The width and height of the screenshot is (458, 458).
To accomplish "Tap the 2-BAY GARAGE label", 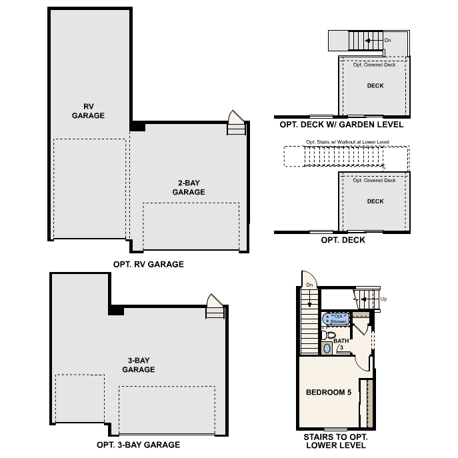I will click(x=188, y=187).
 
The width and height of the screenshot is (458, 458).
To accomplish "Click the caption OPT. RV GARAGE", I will click(x=148, y=264).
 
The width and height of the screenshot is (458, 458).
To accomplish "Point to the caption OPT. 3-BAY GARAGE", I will click(x=138, y=445).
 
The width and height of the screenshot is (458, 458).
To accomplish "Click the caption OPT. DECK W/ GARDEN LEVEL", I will click(x=342, y=124).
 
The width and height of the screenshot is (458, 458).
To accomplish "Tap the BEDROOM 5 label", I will click(x=328, y=392).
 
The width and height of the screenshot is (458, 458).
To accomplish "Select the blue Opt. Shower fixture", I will click(x=337, y=318).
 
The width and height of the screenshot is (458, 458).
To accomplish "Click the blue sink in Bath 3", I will click(x=327, y=348).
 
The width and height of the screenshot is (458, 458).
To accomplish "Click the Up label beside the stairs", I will click(x=383, y=299).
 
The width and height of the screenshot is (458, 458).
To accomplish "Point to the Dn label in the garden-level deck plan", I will click(x=388, y=40).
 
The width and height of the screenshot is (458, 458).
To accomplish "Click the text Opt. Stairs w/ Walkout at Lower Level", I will click(x=347, y=142).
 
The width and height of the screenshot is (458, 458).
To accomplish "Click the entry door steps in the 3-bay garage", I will click(x=214, y=308).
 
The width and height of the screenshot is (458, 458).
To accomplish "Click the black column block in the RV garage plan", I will click(x=137, y=126).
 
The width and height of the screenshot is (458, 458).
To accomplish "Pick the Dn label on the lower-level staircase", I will click(x=309, y=285).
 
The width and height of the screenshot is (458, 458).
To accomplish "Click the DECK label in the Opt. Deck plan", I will click(x=375, y=201).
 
